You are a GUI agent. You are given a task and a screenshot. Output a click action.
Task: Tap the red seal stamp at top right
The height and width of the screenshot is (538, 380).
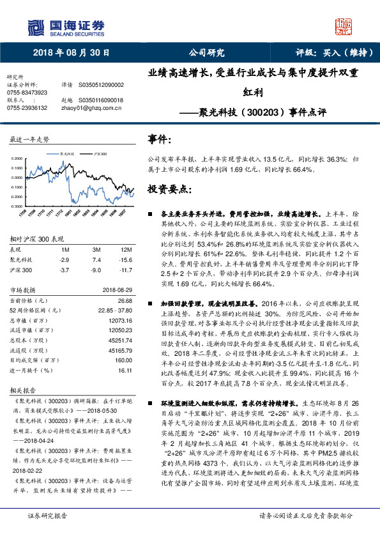point(344,27)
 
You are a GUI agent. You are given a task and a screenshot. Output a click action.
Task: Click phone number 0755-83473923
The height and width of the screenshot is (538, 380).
point(27,92)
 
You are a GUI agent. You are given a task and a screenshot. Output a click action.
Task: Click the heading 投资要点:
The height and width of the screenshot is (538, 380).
point(169,190)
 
